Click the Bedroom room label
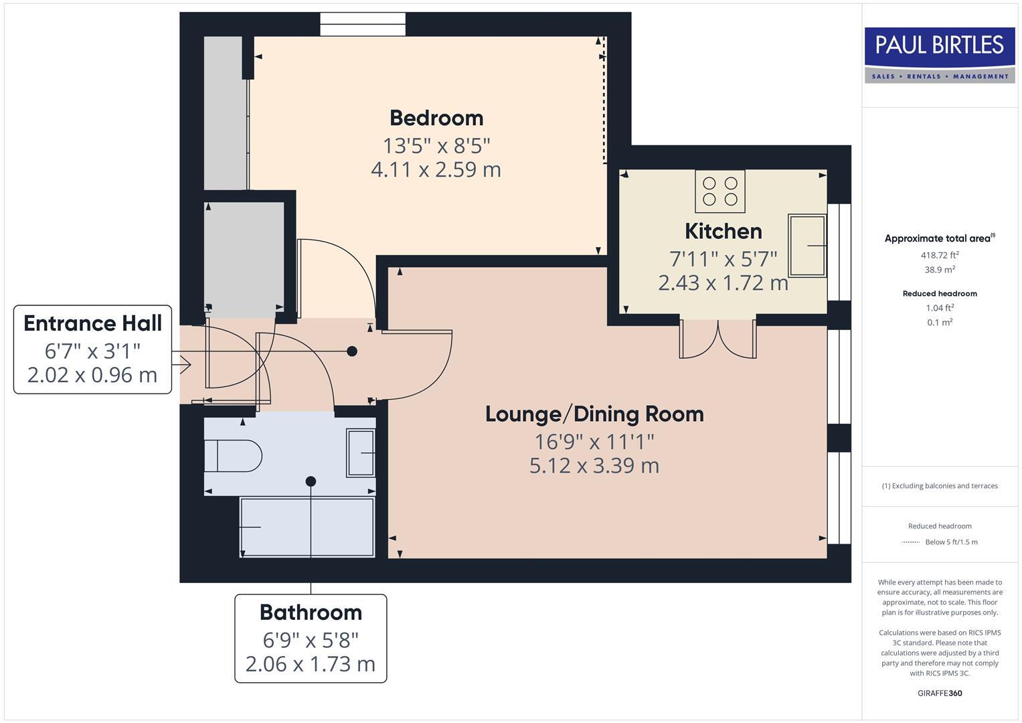pos(436,118)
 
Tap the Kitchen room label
pos(723,231)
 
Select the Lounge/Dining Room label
pos(594,414)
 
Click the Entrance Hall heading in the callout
pos(92,323)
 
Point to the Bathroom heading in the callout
pos(311,613)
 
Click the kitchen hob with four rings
pos(719,191)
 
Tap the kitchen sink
pos(806,246)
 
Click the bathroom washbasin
pos(361,453)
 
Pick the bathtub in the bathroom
pos(307,527)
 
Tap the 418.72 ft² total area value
pos(939,255)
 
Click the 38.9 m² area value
pos(939,270)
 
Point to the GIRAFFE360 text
pos(939,693)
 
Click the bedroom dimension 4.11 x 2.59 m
pos(436,169)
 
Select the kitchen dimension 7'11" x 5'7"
pos(723,258)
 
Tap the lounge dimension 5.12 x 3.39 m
pos(594,465)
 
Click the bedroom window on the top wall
pos(362,24)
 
